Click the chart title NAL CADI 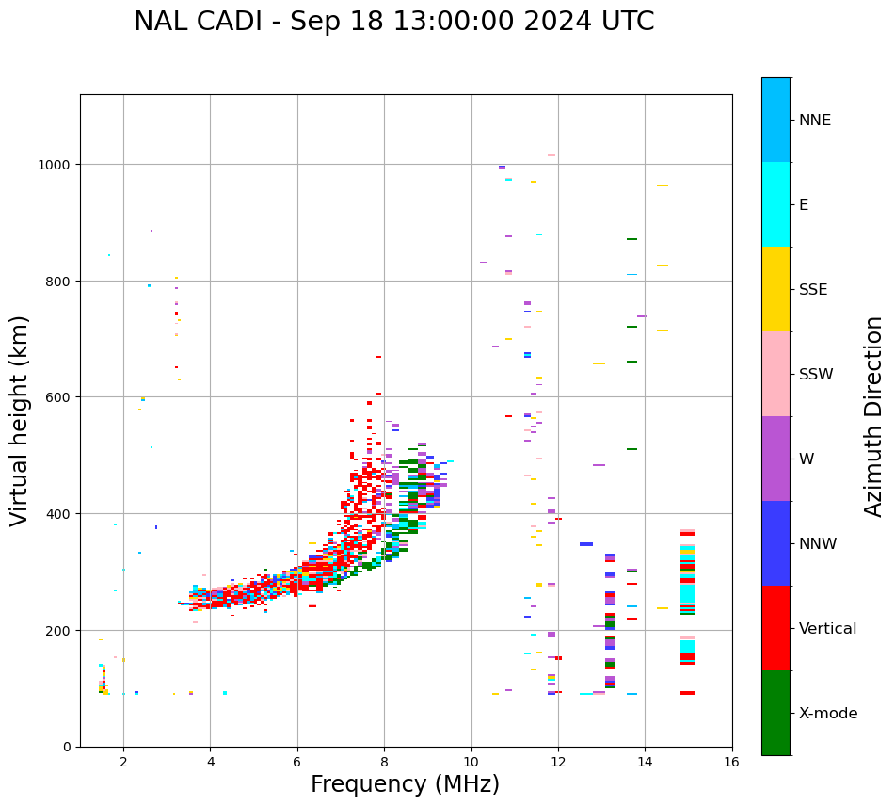(x=393, y=22)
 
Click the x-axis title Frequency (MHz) (x=405, y=784)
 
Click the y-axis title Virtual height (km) (x=21, y=420)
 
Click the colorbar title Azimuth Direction (x=874, y=416)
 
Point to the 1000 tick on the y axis (x=58, y=165)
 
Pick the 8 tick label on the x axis (x=384, y=763)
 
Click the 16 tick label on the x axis (x=732, y=763)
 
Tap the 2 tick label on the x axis (x=123, y=763)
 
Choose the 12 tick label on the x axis (x=558, y=763)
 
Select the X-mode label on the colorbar (x=828, y=713)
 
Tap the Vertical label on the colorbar (x=827, y=628)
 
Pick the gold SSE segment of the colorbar (x=775, y=289)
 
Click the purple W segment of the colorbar (x=775, y=459)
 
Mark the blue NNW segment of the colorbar (x=775, y=543)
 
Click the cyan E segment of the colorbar (x=775, y=204)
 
